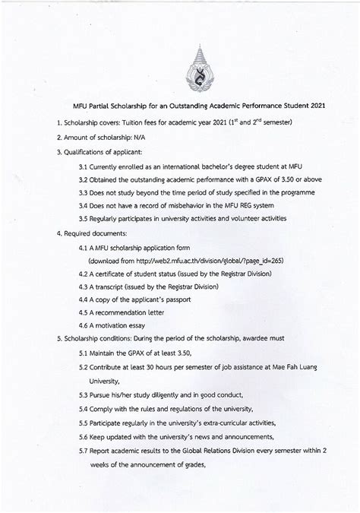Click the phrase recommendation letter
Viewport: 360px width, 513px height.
pos(130,312)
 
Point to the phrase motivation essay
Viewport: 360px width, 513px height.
pos(122,325)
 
